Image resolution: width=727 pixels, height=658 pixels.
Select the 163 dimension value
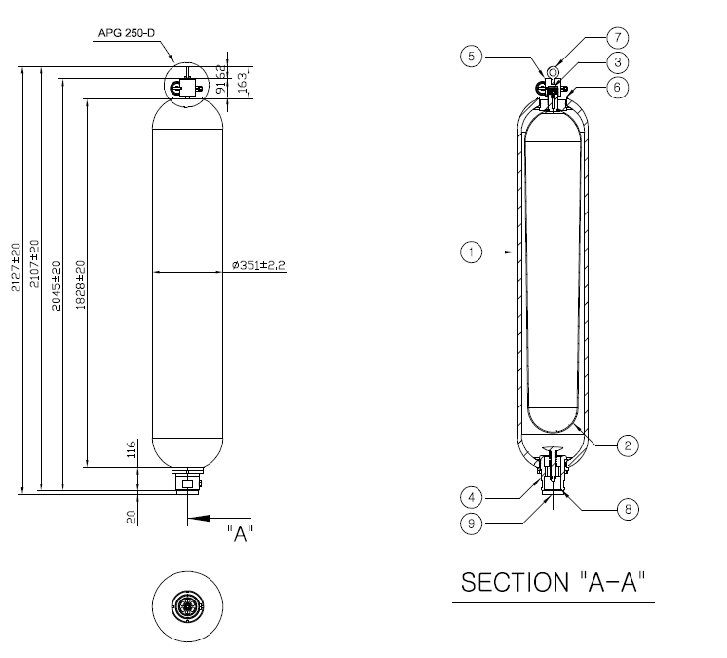click(x=243, y=82)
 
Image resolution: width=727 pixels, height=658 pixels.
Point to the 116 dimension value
click(x=130, y=451)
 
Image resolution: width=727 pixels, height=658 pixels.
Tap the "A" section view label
click(x=240, y=534)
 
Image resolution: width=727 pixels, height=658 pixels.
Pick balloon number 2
click(x=629, y=445)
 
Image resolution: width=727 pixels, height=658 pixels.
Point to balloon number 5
click(x=471, y=58)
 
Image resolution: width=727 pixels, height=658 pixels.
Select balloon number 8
click(x=629, y=508)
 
